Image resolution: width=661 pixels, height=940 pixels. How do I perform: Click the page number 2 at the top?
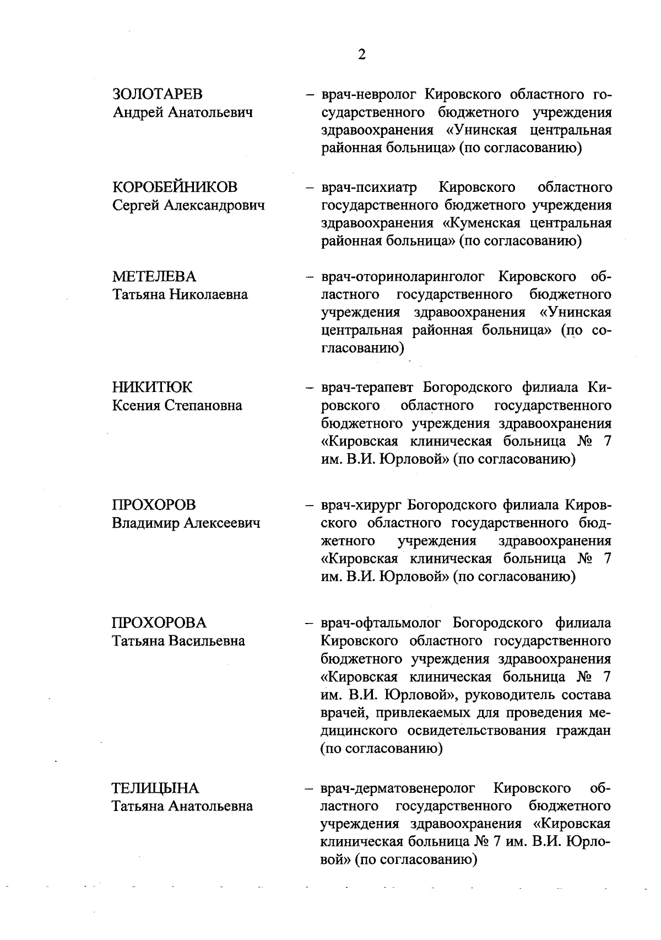(361, 54)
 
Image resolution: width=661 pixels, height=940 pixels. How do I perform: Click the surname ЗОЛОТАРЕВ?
(158, 94)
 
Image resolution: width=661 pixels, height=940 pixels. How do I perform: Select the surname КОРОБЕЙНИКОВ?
(175, 187)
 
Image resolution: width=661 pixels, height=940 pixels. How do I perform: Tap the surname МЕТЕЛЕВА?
(154, 276)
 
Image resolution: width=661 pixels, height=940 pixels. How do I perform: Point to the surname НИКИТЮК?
(153, 388)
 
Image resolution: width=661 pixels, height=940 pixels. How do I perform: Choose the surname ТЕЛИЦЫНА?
(156, 788)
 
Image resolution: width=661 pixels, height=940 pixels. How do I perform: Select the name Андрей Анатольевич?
(183, 112)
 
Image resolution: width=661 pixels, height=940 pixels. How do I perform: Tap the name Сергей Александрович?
(188, 205)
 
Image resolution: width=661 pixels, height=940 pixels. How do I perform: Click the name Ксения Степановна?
(177, 406)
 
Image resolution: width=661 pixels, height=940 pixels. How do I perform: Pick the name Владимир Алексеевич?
(186, 523)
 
